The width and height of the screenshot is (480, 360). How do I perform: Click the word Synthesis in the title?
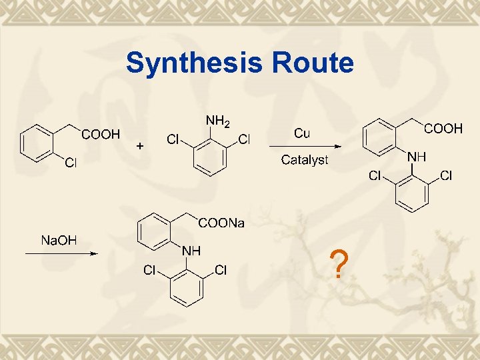(195, 64)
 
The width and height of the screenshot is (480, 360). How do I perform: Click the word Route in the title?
(312, 64)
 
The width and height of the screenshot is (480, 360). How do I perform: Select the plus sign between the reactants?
(139, 145)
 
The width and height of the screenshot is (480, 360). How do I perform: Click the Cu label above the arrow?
(301, 133)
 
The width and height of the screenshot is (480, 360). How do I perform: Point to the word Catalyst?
(304, 160)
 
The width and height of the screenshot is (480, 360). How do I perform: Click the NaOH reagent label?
(59, 240)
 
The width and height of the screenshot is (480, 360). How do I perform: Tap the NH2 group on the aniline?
(217, 121)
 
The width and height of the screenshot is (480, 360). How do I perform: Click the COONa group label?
(221, 223)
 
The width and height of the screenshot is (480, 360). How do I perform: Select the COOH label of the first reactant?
(100, 134)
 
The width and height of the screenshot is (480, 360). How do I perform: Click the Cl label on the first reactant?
(70, 163)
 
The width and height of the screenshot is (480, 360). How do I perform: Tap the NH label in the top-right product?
(417, 157)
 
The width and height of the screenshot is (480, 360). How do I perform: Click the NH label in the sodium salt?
(192, 251)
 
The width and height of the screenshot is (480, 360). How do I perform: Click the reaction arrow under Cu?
(305, 147)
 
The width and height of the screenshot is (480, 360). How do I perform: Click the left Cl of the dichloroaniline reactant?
(173, 139)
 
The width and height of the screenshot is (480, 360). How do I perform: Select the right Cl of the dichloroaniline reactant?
(244, 139)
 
